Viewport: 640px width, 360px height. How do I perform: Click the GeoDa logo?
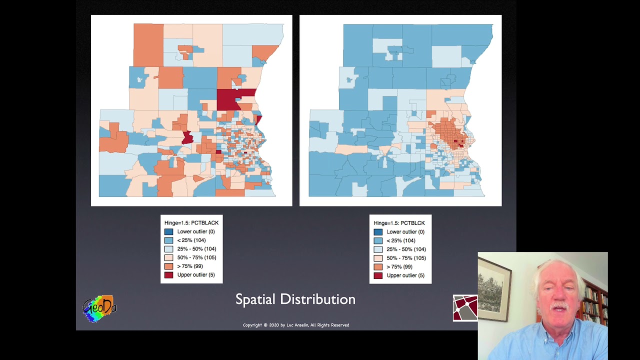[x=99, y=308]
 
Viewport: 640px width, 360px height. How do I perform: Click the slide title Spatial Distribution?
[x=295, y=299]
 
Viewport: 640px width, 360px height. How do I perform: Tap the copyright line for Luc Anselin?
[x=295, y=325]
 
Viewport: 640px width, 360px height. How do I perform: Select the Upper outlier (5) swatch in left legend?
[x=168, y=275]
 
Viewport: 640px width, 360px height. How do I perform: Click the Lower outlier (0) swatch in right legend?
[x=378, y=232]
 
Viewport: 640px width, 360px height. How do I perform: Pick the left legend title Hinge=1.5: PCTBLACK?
[x=191, y=223]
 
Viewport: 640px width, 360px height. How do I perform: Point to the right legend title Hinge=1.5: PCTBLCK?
[x=399, y=223]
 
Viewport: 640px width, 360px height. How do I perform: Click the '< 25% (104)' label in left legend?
[x=191, y=240]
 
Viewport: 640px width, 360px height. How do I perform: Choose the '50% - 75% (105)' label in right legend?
[x=406, y=258]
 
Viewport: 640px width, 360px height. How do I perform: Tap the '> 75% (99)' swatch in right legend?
[x=378, y=267]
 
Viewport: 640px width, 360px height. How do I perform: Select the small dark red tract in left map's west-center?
[x=187, y=137]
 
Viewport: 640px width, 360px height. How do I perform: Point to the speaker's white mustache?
[x=559, y=305]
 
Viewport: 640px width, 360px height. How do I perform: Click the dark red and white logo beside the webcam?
[x=465, y=307]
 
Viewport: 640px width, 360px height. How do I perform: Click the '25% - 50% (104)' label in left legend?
[x=196, y=249]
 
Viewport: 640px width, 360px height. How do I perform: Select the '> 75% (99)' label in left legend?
[x=189, y=266]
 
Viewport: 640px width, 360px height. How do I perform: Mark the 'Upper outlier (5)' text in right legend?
[x=405, y=275]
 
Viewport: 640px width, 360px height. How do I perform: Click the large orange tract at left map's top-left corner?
[x=148, y=45]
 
